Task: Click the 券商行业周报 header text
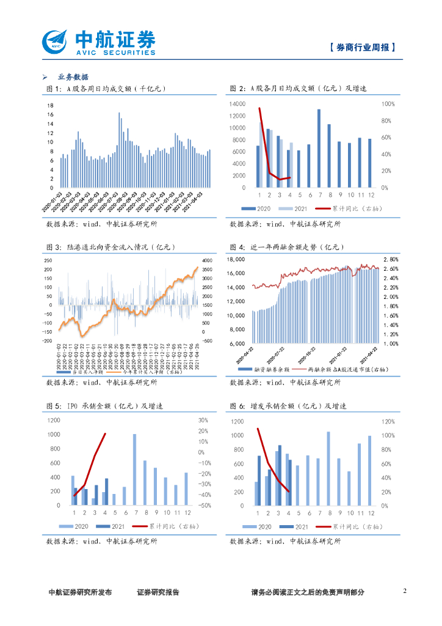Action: pos(362,47)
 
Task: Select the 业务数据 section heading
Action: pos(73,77)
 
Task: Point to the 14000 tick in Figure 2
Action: pos(237,105)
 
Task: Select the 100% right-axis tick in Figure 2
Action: pos(388,105)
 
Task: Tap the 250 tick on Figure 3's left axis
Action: pos(48,261)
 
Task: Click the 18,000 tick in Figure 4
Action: pos(236,259)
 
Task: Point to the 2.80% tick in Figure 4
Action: pos(390,259)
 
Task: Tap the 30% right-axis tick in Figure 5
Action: pos(203,420)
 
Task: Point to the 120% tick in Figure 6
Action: pos(388,422)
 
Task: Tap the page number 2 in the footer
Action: pos(405,591)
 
